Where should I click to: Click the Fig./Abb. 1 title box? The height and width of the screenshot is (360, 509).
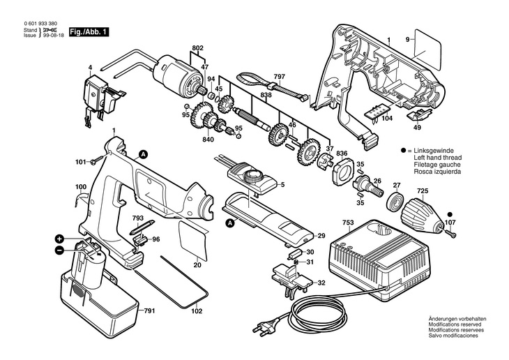[x=89, y=32]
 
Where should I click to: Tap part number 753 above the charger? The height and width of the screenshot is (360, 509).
[x=348, y=223]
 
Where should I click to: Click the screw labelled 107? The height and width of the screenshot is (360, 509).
[x=450, y=233]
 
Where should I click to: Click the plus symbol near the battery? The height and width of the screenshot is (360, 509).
[x=59, y=239]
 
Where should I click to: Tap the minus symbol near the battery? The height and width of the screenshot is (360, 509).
[x=59, y=250]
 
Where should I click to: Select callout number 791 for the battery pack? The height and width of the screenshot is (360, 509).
[x=149, y=311]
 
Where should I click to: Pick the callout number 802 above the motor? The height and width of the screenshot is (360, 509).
[x=197, y=48]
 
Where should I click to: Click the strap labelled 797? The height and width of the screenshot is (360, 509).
[x=272, y=87]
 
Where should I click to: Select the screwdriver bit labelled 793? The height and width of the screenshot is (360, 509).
[x=142, y=229]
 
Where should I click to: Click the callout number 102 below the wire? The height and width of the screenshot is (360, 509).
[x=197, y=311]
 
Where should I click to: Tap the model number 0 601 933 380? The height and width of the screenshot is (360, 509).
[x=40, y=24]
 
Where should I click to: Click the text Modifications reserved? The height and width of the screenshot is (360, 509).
[x=455, y=324]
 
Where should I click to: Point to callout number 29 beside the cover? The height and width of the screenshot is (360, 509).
[x=321, y=236]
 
